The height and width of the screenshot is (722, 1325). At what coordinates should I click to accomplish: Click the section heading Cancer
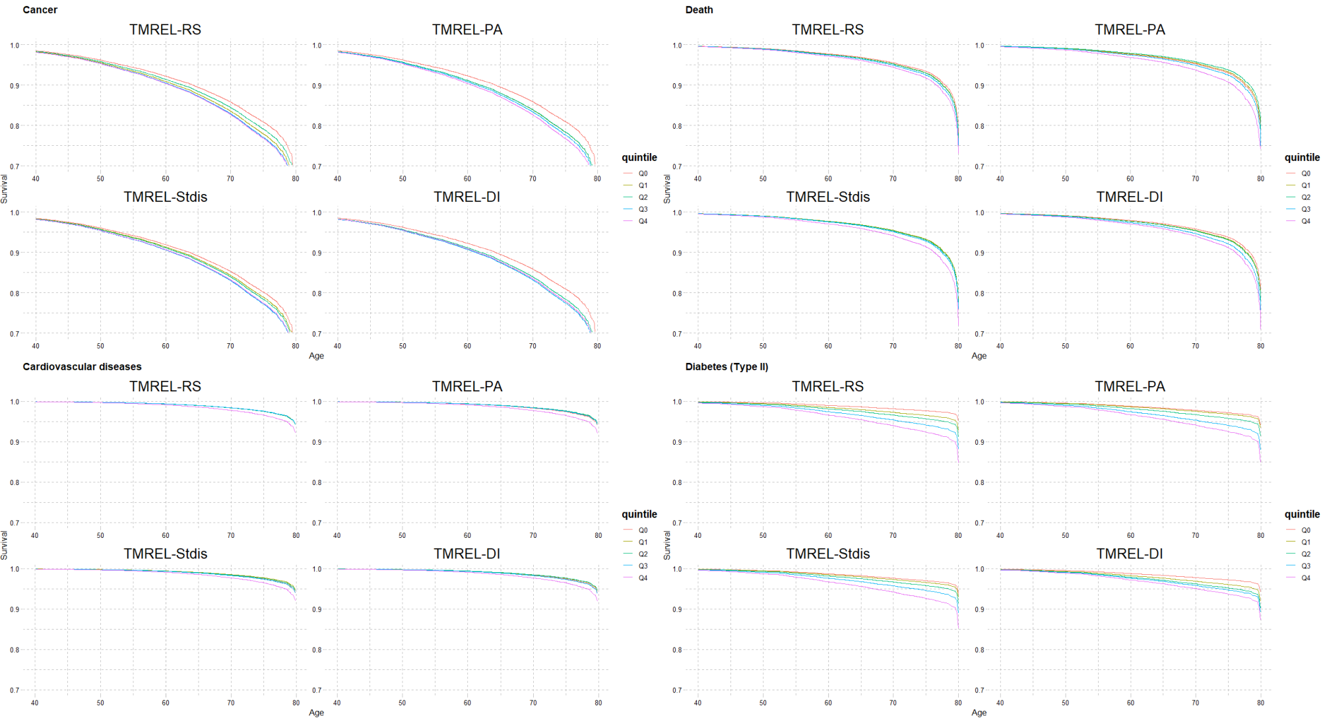[40, 10]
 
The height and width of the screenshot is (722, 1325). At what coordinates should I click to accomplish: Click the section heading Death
[699, 10]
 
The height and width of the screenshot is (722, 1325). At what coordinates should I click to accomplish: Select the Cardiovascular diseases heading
[82, 367]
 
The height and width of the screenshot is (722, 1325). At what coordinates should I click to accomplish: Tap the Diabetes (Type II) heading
[727, 367]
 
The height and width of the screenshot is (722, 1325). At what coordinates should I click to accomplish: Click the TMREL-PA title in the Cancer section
[467, 30]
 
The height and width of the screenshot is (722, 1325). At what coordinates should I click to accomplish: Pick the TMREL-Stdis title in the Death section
[827, 197]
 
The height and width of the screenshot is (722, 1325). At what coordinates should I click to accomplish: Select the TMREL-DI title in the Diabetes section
[1129, 554]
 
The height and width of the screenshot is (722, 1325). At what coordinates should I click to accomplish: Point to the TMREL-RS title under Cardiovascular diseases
[165, 387]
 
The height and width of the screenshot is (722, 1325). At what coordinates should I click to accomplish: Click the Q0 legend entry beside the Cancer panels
[643, 174]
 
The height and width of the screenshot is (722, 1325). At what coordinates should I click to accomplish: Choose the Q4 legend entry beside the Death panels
[1305, 221]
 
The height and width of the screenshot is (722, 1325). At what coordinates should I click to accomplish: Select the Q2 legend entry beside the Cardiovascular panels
[643, 554]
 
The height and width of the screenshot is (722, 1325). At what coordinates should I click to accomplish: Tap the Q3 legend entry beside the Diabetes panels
[1305, 566]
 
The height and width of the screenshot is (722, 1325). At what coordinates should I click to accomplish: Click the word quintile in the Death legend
[1301, 157]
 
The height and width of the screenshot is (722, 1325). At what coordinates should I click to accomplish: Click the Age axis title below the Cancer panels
[316, 356]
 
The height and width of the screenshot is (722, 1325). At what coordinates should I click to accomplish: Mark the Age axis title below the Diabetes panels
[979, 713]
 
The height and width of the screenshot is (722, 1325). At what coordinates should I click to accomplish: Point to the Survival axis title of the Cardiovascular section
[5, 546]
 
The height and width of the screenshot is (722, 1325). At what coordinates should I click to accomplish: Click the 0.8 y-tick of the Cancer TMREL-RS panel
[15, 126]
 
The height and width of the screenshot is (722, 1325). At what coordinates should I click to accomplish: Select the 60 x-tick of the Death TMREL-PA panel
[1130, 179]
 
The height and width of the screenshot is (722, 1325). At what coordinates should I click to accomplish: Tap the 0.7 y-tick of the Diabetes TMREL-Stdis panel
[677, 690]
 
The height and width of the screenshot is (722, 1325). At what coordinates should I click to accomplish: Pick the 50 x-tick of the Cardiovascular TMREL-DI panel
[402, 703]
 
